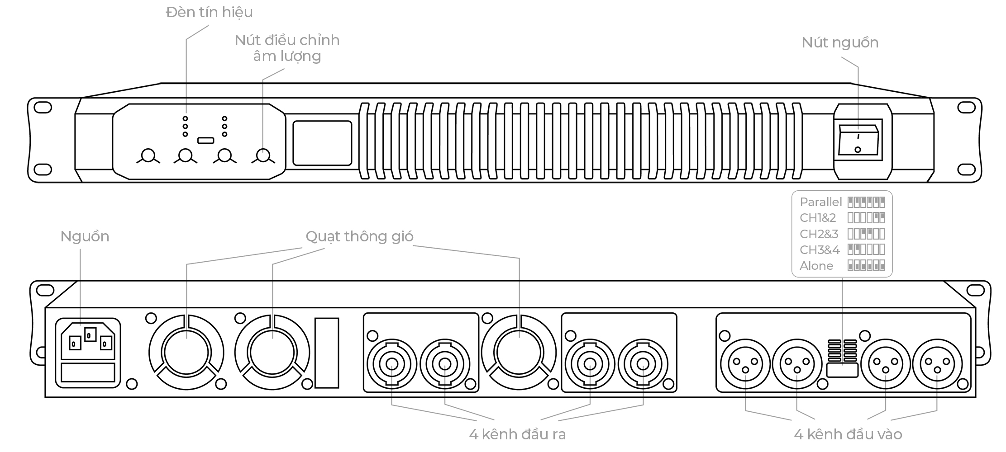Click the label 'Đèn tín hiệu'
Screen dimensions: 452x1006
[x=209, y=12]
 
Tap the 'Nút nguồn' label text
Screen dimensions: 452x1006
[x=840, y=42]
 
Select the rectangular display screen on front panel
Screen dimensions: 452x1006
[x=322, y=143]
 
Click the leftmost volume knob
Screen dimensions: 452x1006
[x=148, y=155]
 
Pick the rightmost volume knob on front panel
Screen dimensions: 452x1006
[x=263, y=155]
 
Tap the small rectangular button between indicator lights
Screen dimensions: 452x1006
[x=205, y=140]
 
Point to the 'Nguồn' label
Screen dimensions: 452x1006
[x=85, y=237]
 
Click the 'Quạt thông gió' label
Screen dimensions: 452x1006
[x=359, y=237]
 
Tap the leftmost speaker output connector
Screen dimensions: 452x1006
[x=392, y=364]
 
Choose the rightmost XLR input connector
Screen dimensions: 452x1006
[x=937, y=364]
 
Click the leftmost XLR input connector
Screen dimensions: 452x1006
[x=745, y=364]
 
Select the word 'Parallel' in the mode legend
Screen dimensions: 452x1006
[x=820, y=202]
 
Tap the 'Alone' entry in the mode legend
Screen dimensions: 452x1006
[x=816, y=266]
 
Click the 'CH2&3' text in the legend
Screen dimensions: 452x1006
[x=819, y=234]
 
